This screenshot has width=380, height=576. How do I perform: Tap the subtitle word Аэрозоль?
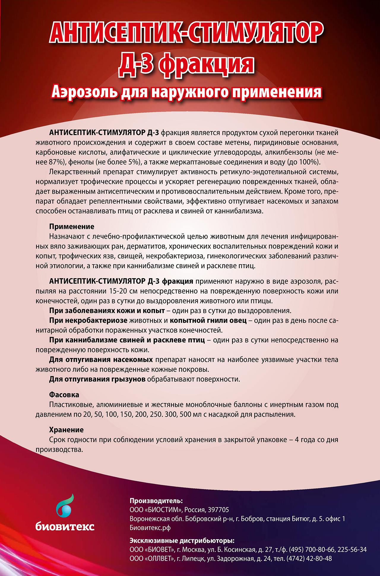click(x=84, y=92)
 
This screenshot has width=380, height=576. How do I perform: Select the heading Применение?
click(x=72, y=227)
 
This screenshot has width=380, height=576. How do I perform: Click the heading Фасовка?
click(x=64, y=395)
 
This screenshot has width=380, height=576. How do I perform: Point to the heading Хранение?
click(x=66, y=430)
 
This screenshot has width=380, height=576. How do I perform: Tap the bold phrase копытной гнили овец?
click(x=208, y=320)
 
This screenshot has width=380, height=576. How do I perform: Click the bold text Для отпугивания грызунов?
click(x=97, y=379)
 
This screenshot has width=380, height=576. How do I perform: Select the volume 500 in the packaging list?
click(x=185, y=414)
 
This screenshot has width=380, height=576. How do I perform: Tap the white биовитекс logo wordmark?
click(x=65, y=526)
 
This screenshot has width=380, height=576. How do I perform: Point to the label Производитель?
click(x=156, y=501)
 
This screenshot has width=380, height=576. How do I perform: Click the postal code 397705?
click(x=218, y=510)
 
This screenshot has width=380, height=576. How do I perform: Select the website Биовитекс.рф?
click(x=150, y=528)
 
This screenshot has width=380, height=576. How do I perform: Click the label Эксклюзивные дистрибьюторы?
click(x=182, y=540)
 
